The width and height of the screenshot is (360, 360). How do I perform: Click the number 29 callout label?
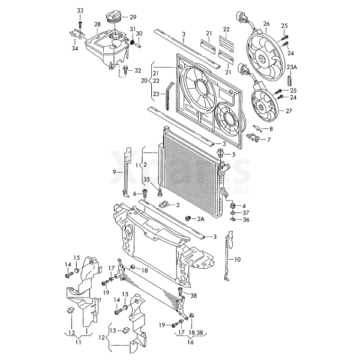(x=133, y=17)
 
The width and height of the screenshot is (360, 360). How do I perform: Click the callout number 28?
(x=97, y=25)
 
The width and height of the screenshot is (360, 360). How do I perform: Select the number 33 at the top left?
(x=80, y=11)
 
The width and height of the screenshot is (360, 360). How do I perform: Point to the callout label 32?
(x=137, y=70)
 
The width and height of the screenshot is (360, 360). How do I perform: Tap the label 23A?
(x=292, y=67)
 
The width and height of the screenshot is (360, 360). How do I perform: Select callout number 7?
(x=269, y=140)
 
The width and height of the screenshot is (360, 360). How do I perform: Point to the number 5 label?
(x=234, y=154)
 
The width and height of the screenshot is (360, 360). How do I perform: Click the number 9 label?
(x=115, y=172)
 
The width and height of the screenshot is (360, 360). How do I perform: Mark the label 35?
(x=145, y=179)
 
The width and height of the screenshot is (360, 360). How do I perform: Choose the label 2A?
(x=201, y=219)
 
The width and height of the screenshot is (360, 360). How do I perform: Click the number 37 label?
(x=245, y=212)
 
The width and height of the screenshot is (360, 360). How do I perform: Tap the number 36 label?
(x=245, y=220)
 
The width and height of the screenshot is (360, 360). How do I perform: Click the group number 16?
(x=190, y=343)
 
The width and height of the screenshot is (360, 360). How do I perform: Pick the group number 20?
(x=145, y=80)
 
